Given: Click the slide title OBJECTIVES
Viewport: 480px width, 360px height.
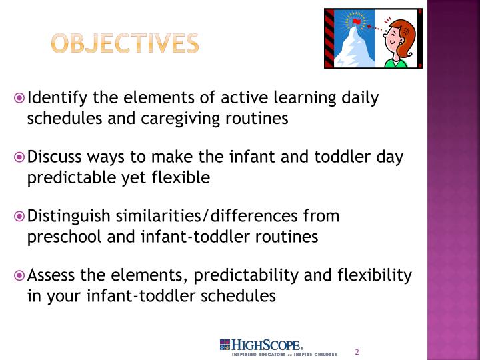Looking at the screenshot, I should [125, 43].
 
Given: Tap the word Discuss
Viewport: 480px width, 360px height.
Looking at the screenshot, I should [55, 157].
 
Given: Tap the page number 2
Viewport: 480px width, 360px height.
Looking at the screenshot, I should [357, 351].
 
